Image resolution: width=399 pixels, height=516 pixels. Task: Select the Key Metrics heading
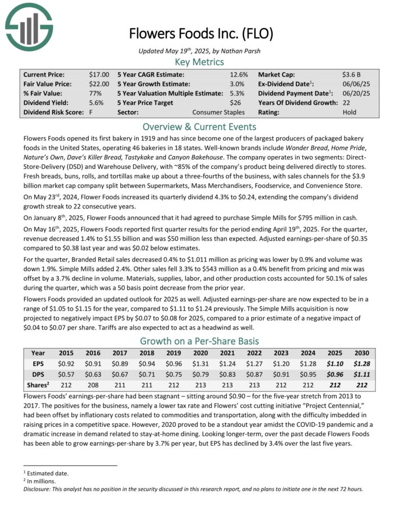[199, 62]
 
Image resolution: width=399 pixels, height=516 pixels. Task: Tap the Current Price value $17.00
[99, 74]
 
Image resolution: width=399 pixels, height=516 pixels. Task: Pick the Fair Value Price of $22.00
[99, 84]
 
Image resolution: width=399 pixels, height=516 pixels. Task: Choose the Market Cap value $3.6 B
[351, 74]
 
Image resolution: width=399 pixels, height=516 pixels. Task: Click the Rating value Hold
[350, 112]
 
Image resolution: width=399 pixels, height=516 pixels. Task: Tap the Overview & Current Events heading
[199, 126]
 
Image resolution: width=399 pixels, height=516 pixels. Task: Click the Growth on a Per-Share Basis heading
[199, 341]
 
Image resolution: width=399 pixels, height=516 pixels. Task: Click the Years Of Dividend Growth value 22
[346, 103]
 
